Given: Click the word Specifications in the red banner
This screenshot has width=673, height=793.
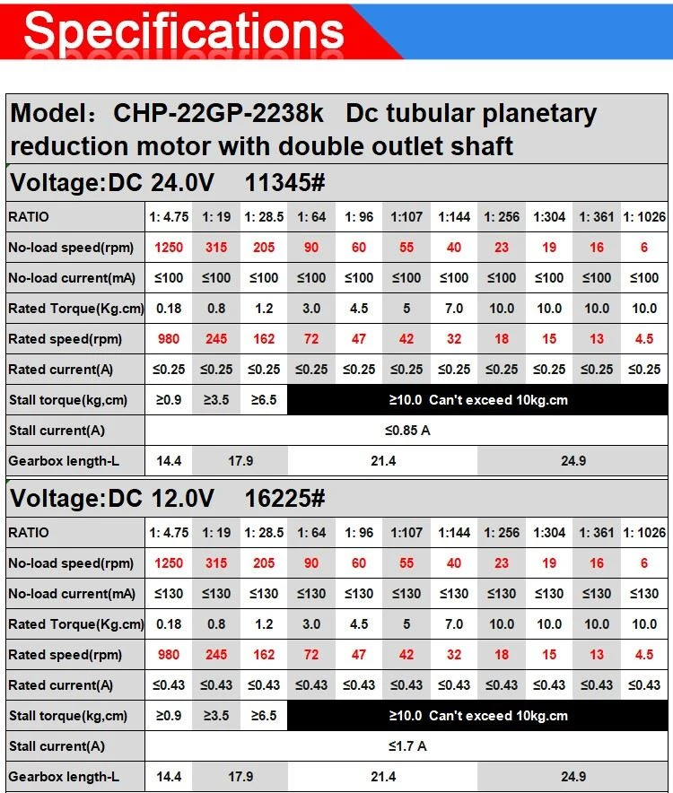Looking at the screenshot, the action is click(184, 31).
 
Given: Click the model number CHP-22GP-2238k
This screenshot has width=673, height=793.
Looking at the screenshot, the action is click(218, 113).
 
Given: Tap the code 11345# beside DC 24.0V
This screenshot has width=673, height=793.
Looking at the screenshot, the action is click(284, 183).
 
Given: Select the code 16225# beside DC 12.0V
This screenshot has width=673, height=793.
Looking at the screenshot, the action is click(284, 498).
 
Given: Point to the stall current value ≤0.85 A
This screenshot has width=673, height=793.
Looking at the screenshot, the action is click(407, 431).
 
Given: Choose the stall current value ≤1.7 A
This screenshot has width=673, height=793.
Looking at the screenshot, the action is click(407, 746).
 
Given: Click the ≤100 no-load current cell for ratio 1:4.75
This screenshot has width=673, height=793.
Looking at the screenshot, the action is click(169, 278).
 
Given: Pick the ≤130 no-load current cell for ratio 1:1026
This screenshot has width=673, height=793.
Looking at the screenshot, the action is click(644, 593).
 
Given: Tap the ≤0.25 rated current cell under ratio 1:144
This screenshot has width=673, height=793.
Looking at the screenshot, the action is click(454, 370).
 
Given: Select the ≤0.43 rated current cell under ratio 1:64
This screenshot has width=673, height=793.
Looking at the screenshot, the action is click(311, 684).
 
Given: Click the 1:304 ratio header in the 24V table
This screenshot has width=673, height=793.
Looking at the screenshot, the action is click(549, 217).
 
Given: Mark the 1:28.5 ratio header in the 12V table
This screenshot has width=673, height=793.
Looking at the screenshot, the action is click(264, 533).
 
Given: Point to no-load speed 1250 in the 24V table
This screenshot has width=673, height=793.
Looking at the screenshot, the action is click(169, 248).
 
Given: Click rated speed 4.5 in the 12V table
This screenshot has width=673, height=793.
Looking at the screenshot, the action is click(644, 655).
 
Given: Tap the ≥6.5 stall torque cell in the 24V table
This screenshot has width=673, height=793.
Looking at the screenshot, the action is click(264, 400).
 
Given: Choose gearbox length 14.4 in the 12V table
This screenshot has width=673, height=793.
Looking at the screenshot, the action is click(169, 776).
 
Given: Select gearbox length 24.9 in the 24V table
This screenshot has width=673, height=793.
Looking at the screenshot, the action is click(572, 461).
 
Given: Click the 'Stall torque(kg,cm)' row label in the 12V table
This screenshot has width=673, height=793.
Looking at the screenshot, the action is click(68, 716).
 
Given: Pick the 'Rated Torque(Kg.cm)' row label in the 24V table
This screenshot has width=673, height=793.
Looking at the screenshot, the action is click(76, 309).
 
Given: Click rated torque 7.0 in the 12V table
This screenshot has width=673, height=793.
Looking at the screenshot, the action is click(454, 624).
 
